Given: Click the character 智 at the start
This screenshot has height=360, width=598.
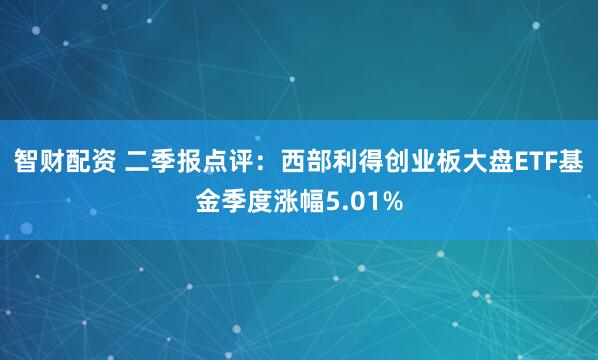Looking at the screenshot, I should [25, 160].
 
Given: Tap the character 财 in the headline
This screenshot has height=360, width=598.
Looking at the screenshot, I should [52, 160].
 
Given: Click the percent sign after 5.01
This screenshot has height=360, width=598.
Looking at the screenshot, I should [393, 203].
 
